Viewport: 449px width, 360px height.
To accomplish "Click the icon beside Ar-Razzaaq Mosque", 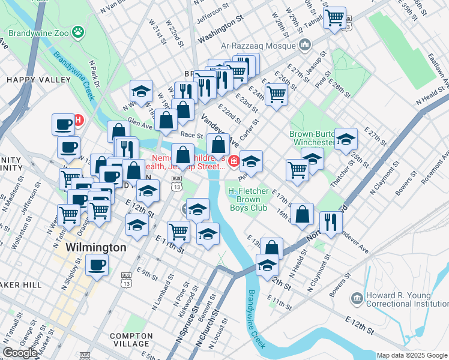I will (306, 44).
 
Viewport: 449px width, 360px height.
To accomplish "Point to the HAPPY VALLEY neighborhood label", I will (30, 79).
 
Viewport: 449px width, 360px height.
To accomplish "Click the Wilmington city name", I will (95, 247).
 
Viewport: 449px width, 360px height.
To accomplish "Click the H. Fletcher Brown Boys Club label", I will (252, 200).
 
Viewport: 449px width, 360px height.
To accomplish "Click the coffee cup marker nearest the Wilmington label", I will (97, 264).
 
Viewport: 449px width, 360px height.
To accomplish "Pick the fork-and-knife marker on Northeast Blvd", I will (331, 221).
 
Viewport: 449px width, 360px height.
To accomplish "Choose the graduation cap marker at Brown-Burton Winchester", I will (346, 139).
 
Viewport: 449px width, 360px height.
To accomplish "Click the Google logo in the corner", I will (20, 353).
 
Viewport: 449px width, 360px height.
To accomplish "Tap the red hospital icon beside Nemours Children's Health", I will (234, 160).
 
